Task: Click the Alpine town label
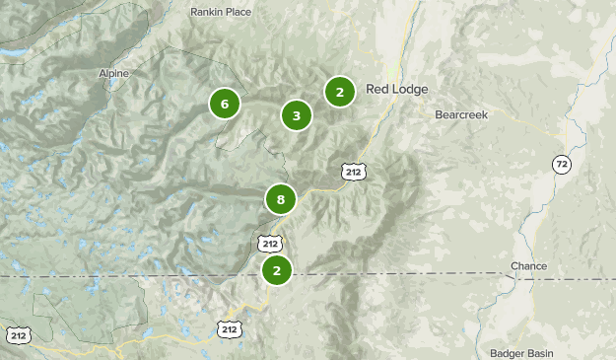coord(113,73)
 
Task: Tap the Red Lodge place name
coord(397,90)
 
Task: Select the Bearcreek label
coord(461,114)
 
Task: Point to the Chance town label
coord(528,267)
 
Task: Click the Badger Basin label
coord(520,352)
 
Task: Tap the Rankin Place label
coord(220,12)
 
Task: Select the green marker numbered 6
coord(225,104)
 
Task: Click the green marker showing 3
coord(296,115)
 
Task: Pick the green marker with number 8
coord(281,200)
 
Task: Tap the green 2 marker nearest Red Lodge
coord(339,93)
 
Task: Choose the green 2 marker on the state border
coord(277,269)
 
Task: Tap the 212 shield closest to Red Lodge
coord(352,172)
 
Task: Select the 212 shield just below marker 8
coord(271,242)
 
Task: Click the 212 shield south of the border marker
coord(229,328)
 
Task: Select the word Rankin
coord(206,12)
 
